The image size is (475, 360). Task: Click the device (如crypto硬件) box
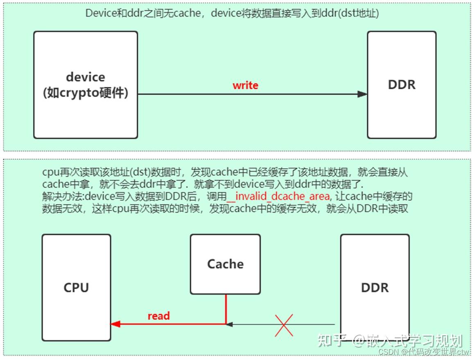[x=85, y=85]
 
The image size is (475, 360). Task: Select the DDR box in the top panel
[x=401, y=85]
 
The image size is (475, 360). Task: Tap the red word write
[x=245, y=86]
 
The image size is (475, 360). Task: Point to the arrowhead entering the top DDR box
[x=362, y=94]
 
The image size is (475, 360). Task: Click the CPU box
[x=76, y=287]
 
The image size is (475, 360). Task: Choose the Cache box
[x=225, y=264]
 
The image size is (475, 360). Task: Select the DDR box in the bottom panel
[x=375, y=287]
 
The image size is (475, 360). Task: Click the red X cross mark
[x=284, y=325]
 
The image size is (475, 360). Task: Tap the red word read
[x=158, y=316]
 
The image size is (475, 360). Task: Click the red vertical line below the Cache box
[x=226, y=309]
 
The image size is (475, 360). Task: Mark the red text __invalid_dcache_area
[x=278, y=197]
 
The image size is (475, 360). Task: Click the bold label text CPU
[x=76, y=288]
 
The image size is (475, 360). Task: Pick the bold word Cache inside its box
[x=225, y=264]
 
